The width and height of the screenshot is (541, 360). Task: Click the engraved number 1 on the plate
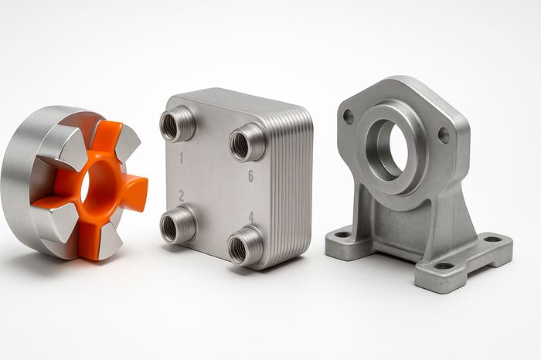[182, 159]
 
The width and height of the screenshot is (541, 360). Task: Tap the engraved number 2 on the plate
[181, 196]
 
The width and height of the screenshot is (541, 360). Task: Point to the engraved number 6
[250, 176]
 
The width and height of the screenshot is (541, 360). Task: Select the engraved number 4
[250, 217]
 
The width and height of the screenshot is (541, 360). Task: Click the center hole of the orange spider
[85, 185]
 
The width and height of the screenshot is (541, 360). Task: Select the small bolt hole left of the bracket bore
[349, 117]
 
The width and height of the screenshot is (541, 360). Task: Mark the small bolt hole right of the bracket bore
[444, 135]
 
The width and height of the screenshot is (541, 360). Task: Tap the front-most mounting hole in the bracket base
[444, 266]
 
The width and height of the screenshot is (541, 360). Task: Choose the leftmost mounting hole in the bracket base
[342, 234]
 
